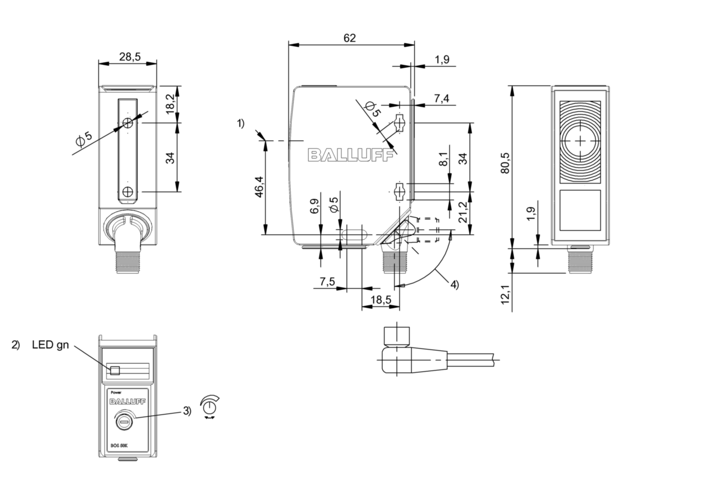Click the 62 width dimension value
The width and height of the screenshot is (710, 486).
coord(349,38)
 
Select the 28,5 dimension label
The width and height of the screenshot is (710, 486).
coord(130,57)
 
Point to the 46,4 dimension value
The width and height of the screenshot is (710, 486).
coord(258,186)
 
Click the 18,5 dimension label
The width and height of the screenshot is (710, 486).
coord(380,300)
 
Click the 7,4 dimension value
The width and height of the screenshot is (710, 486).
coord(441,98)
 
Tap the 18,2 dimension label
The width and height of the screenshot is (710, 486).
coord(170,104)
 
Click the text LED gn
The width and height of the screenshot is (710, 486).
coord(50,345)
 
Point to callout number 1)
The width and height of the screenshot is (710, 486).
coord(240,123)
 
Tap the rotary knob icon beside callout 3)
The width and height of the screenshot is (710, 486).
coord(209,406)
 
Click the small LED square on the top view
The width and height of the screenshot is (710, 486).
coord(115,370)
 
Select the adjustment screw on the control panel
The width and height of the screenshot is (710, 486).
coord(124,421)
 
